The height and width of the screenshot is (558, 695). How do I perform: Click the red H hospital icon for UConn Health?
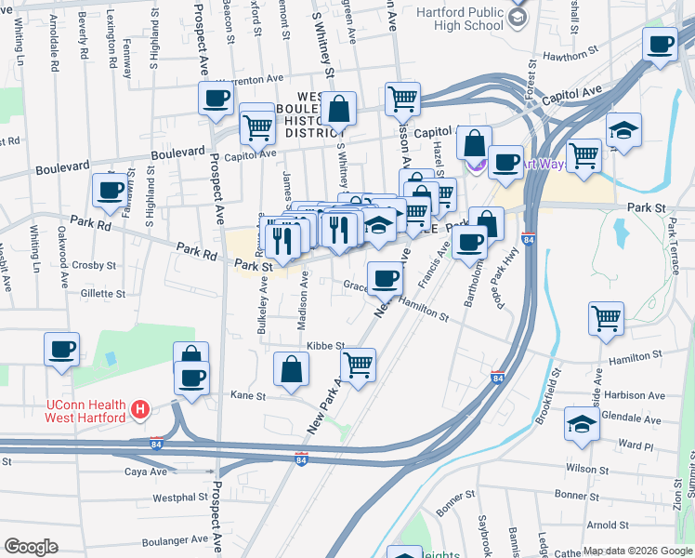[x=139, y=408]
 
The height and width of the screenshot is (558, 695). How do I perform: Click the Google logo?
[x=31, y=546]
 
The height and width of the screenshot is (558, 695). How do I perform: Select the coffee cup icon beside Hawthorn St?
[x=661, y=44]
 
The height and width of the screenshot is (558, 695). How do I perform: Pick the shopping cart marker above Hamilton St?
[x=607, y=318]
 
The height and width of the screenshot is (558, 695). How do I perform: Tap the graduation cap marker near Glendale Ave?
[x=582, y=425]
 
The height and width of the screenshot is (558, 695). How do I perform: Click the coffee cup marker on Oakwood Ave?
[x=62, y=350]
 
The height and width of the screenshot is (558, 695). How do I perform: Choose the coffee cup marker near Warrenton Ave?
[x=216, y=98]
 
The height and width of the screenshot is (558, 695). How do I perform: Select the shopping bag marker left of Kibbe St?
[x=292, y=368]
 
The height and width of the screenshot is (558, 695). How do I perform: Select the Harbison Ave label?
[x=634, y=395]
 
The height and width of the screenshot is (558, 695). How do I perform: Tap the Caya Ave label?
[x=146, y=472]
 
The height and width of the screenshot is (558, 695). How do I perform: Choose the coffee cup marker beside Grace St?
[x=384, y=276]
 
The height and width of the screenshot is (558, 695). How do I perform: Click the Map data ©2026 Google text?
[x=637, y=551]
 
